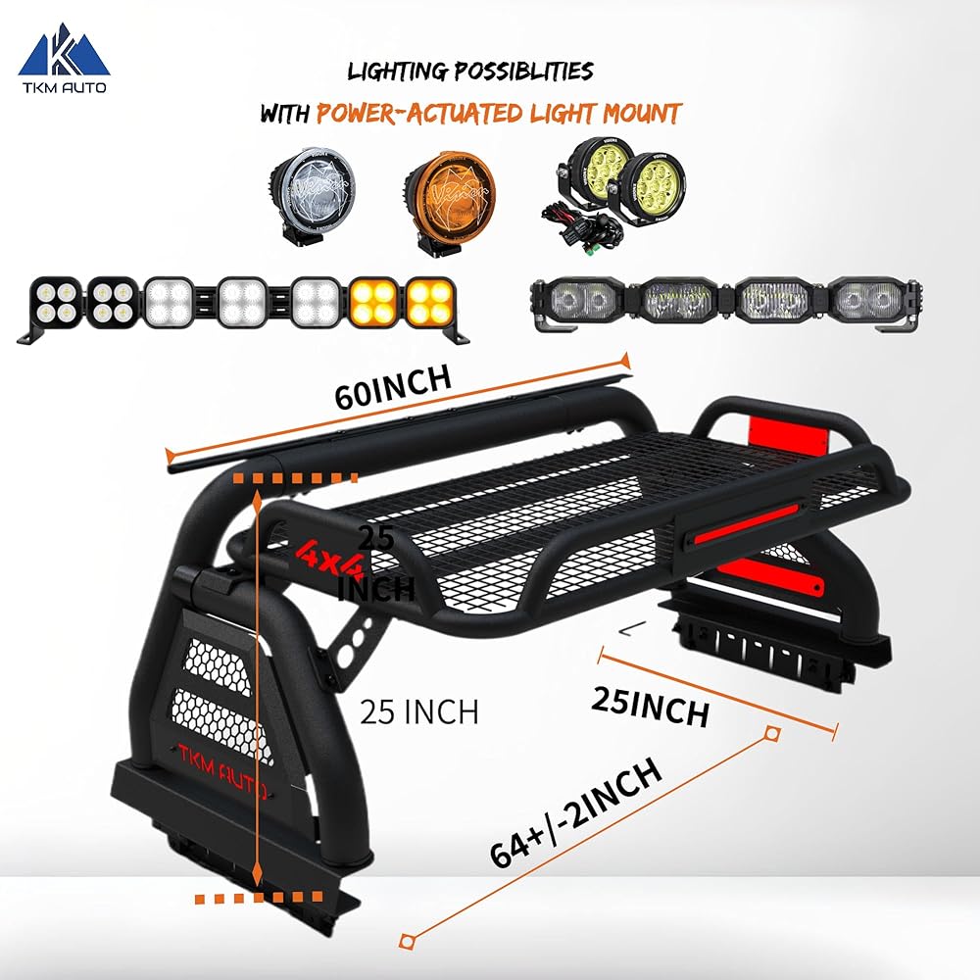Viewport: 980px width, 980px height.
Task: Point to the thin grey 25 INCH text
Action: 418,710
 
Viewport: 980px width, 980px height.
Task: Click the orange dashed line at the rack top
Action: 295,479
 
